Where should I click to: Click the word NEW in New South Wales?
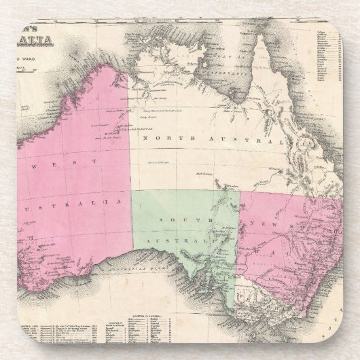click(262, 223)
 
